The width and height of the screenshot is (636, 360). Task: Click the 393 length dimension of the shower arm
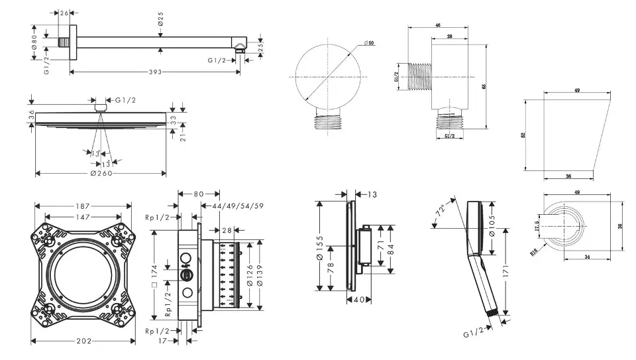[156, 72]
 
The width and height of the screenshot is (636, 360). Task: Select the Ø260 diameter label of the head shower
[101, 173]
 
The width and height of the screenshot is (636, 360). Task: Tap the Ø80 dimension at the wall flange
[34, 42]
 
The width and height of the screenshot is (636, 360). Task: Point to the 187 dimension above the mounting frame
[83, 206]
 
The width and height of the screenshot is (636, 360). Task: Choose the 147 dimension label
[83, 217]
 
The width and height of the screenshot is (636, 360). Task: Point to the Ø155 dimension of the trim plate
[321, 243]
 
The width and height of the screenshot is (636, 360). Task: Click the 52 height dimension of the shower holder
[523, 135]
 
